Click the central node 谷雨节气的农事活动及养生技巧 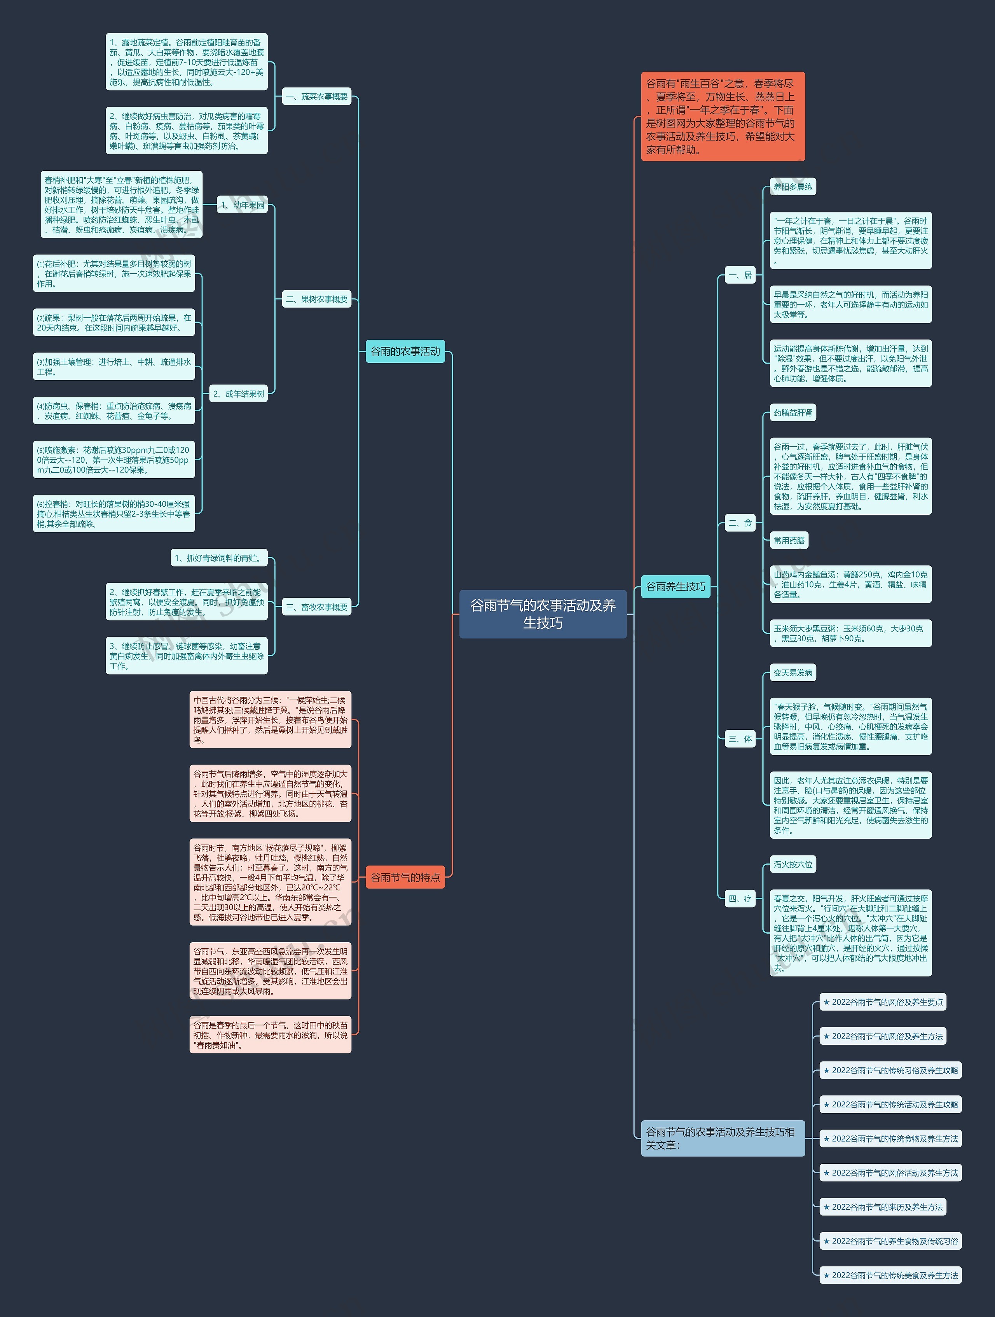pyautogui.click(x=543, y=614)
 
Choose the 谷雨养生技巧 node pyautogui.click(x=676, y=586)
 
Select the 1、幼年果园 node pyautogui.click(x=242, y=205)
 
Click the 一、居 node pyautogui.click(x=740, y=275)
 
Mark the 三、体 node pyautogui.click(x=740, y=739)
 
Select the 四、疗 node pyautogui.click(x=740, y=899)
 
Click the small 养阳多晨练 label pyautogui.click(x=792, y=187)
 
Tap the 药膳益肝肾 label pyautogui.click(x=792, y=413)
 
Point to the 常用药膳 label pyautogui.click(x=789, y=540)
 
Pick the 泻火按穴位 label pyautogui.click(x=792, y=864)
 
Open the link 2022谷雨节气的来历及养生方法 pyautogui.click(x=883, y=1207)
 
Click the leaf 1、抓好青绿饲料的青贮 pyautogui.click(x=218, y=558)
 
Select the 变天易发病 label pyautogui.click(x=792, y=673)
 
